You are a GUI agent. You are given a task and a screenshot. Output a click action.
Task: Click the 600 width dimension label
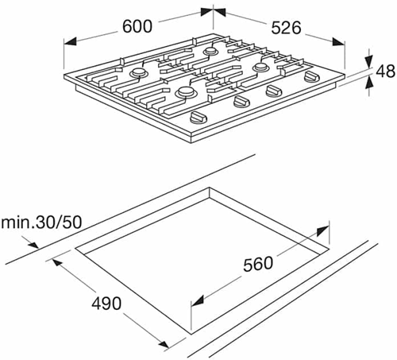click(137, 26)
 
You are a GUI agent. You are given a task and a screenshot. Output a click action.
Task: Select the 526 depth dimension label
click(287, 28)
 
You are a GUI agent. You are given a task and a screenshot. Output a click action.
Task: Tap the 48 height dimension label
click(385, 71)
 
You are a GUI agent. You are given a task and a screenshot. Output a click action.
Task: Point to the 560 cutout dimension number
click(258, 264)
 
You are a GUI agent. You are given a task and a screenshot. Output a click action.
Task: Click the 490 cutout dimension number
click(106, 304)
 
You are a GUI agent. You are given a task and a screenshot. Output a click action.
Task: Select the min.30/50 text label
click(41, 223)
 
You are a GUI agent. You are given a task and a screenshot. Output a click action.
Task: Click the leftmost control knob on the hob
click(198, 118)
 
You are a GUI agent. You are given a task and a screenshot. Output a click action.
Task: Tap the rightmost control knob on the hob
click(312, 76)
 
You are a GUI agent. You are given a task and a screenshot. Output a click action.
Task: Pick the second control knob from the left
click(242, 102)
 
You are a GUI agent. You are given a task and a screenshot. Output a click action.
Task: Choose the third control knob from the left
click(274, 91)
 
